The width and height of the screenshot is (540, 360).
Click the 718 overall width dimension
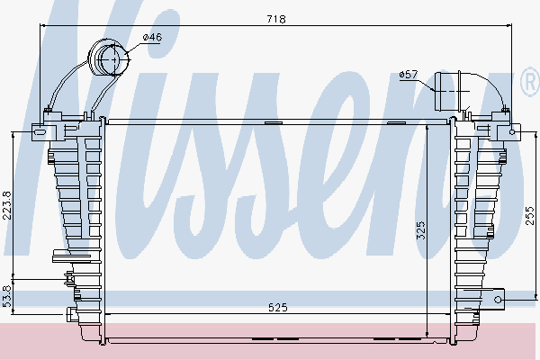click(276, 19)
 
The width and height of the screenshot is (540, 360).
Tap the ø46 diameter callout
click(152, 37)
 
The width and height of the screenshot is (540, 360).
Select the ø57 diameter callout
click(409, 75)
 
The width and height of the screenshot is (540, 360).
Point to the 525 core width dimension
click(277, 307)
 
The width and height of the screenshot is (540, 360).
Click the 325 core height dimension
click(421, 230)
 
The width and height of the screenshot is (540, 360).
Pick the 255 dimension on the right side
click(530, 216)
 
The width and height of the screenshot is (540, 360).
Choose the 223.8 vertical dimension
click(7, 205)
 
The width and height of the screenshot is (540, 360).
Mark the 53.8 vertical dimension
click(7, 296)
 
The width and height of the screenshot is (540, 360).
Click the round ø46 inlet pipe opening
click(114, 59)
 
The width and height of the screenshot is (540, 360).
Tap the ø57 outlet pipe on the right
click(447, 92)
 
